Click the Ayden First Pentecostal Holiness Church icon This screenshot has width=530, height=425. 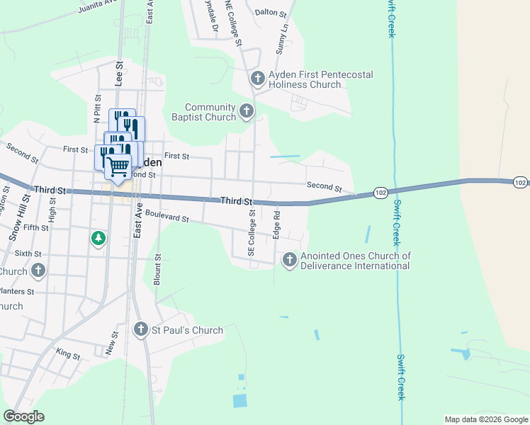(x=257, y=76)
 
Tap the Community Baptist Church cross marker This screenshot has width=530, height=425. (x=247, y=110)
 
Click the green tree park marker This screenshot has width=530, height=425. (x=98, y=238)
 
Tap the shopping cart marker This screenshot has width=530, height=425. (x=118, y=166)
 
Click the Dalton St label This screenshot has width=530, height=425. (x=270, y=12)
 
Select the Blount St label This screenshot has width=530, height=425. (x=158, y=268)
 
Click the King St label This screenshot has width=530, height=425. (x=68, y=353)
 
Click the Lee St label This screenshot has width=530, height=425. (x=119, y=74)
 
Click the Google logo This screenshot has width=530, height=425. (x=23, y=416)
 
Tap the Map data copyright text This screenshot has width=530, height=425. (x=486, y=419)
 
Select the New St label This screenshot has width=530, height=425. (x=112, y=344)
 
